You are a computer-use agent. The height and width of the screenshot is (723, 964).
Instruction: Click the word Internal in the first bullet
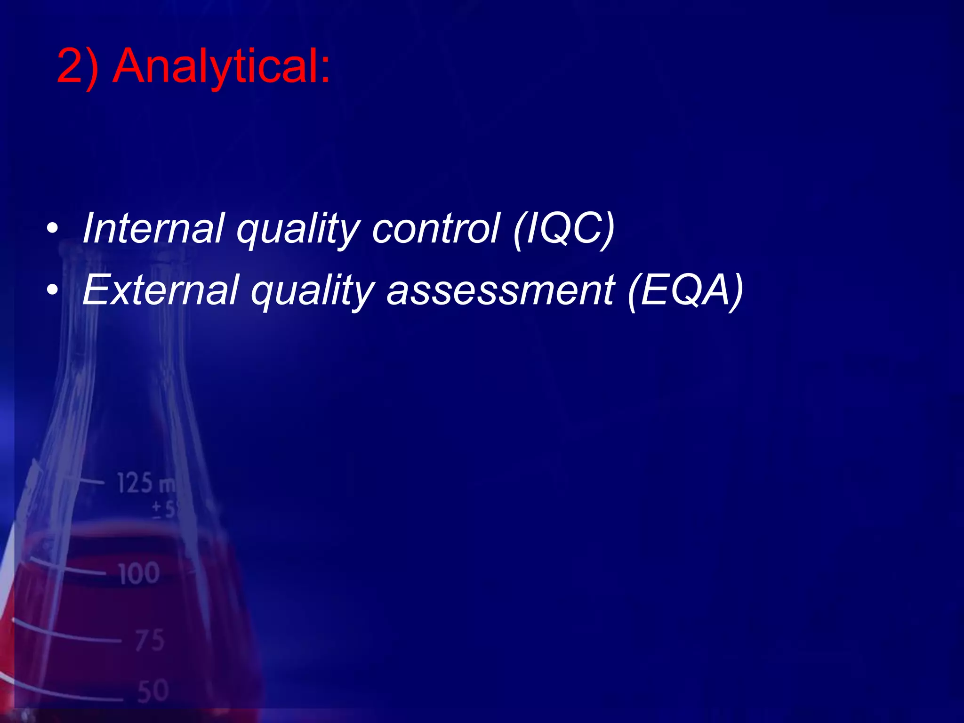tap(153, 229)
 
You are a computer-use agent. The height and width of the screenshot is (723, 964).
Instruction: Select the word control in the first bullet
tap(435, 229)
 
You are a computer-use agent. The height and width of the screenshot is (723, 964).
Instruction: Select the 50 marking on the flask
tap(153, 691)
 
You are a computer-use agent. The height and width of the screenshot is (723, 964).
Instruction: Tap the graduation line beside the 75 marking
tap(71, 633)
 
